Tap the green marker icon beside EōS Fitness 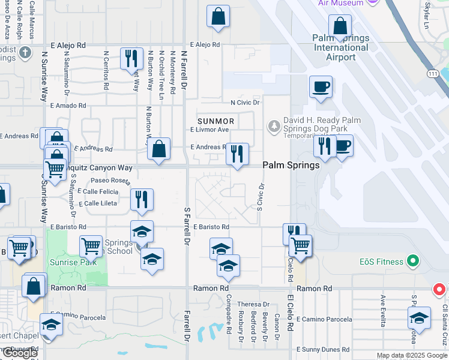tap(412, 262)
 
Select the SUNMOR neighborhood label tap(216, 121)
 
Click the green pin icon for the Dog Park tap(274, 125)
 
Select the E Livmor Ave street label tap(209, 130)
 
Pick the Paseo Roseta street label tap(110, 180)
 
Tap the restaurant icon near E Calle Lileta tap(142, 200)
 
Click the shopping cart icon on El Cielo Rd tap(300, 245)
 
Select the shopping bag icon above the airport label tap(340, 26)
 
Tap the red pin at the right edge tap(439, 290)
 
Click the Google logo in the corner tap(20, 353)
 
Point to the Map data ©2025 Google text tap(411, 355)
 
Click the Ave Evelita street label tap(383, 311)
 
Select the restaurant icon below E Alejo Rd tap(131, 59)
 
